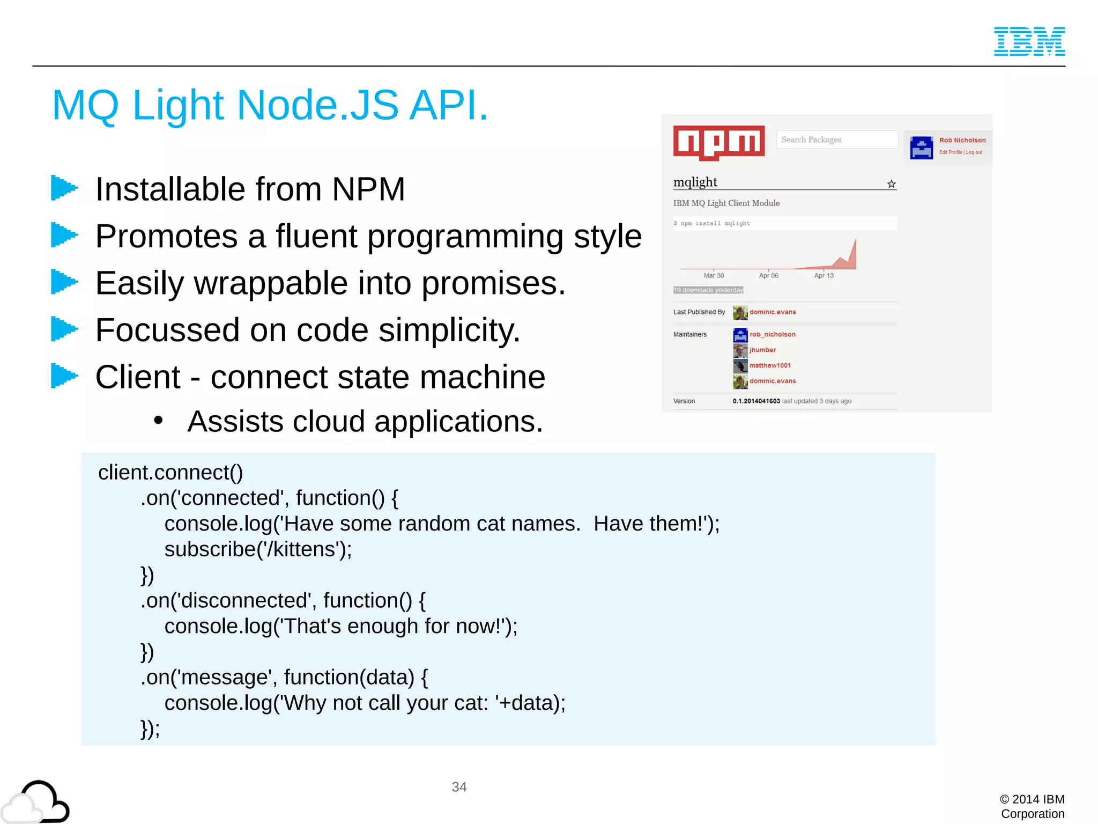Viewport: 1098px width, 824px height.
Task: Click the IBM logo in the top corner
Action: pos(1029,41)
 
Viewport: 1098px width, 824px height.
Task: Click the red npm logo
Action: pos(718,142)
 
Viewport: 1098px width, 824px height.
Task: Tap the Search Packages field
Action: pos(836,139)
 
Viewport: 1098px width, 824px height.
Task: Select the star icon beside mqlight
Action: pos(891,184)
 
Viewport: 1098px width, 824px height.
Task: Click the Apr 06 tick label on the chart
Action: pos(768,275)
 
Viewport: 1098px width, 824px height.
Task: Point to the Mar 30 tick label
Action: pos(714,275)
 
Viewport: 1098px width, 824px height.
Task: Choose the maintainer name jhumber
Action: pos(762,350)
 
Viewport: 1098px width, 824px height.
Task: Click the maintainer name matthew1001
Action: pos(770,365)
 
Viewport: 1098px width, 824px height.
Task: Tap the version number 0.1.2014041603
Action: pos(756,401)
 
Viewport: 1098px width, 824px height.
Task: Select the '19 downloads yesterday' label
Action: pos(708,290)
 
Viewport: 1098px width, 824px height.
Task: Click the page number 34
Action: pos(459,786)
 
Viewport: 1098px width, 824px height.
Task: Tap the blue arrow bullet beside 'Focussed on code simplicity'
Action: pos(64,329)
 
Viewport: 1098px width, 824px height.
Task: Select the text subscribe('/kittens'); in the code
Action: pos(258,549)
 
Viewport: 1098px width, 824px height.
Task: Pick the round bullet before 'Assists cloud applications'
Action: pos(158,421)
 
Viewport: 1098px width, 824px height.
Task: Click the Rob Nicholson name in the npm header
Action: pos(962,140)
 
